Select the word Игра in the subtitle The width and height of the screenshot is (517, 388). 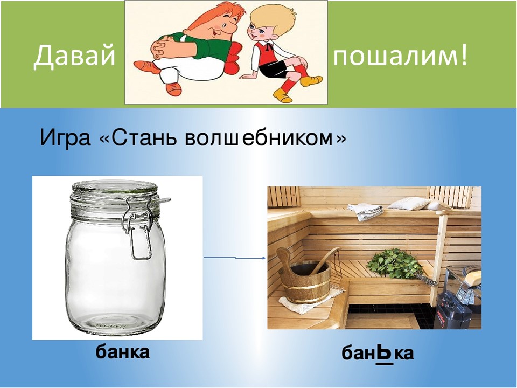(x=65, y=137)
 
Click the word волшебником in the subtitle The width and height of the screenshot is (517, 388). (x=258, y=137)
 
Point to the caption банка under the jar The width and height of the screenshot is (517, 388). (x=123, y=352)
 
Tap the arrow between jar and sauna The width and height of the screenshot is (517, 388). (x=235, y=258)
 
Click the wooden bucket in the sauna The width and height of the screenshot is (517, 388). (x=304, y=277)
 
